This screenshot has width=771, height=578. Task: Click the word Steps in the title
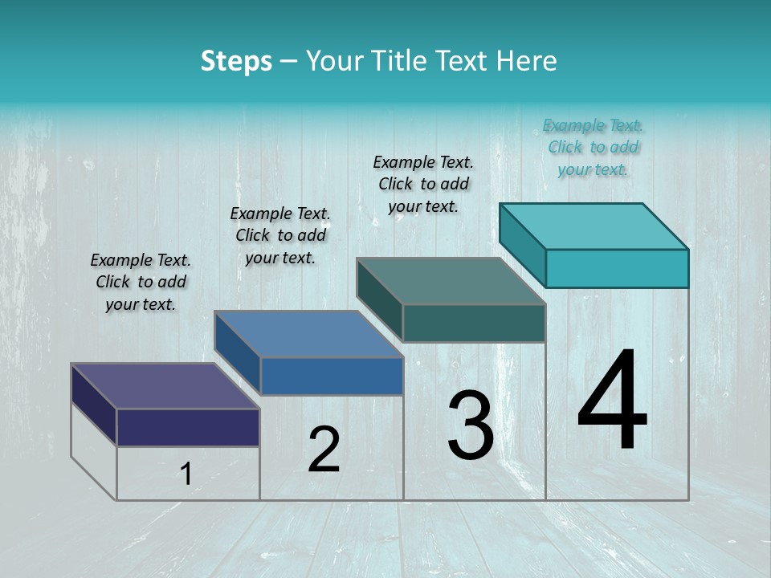[x=236, y=61]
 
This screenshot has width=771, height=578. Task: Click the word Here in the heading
[x=527, y=61]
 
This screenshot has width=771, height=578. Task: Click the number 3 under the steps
[x=471, y=425]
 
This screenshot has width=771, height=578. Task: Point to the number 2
[x=324, y=449]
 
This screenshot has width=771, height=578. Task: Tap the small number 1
[x=186, y=474]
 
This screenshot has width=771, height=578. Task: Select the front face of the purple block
[x=188, y=427]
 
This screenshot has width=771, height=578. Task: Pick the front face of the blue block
[x=332, y=376]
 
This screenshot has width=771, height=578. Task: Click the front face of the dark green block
[x=474, y=323]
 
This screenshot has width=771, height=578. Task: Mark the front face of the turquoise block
[x=617, y=268]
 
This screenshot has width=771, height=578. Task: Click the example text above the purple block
[x=141, y=282]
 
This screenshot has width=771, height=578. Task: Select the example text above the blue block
[x=280, y=235]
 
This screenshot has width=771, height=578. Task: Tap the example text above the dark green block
[x=423, y=184]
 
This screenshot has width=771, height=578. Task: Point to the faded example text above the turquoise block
[x=593, y=147]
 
